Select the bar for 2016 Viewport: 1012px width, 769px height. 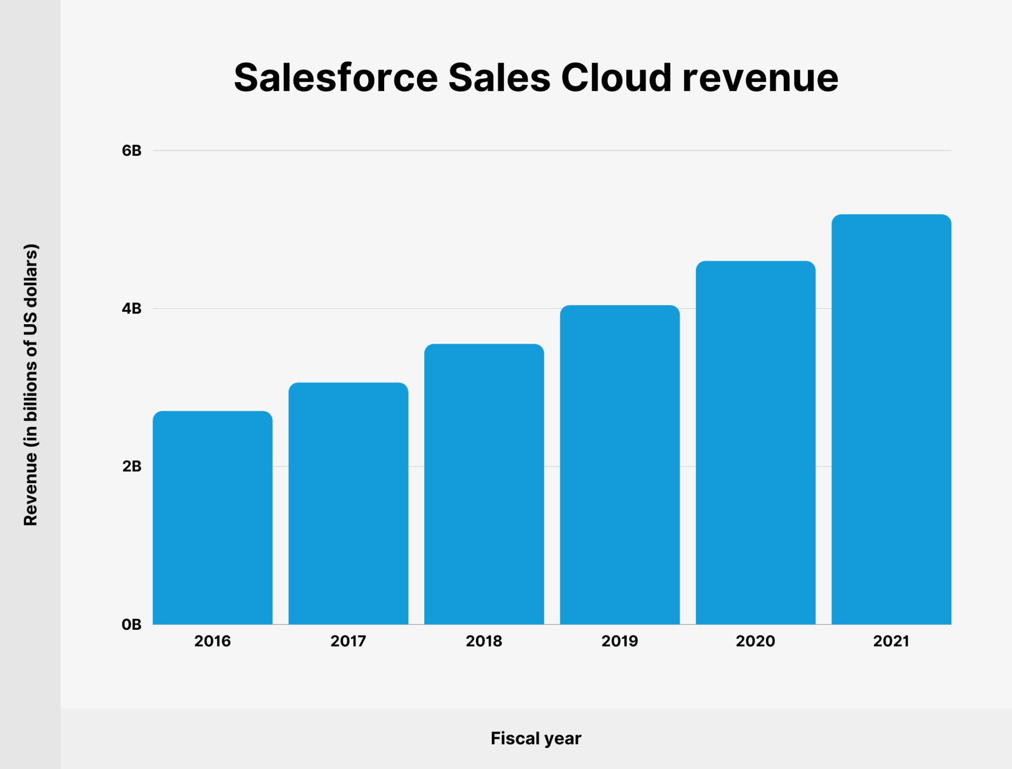click(x=212, y=518)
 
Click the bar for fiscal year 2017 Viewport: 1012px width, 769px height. click(x=348, y=503)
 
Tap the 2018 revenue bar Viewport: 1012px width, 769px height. click(x=484, y=484)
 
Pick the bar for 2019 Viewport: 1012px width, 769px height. click(x=620, y=465)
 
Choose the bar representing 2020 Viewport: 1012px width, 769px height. click(x=755, y=443)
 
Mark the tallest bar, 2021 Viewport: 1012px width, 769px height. click(x=891, y=420)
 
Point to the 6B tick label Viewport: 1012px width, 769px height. click(x=132, y=151)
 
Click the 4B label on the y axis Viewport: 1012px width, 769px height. click(x=132, y=308)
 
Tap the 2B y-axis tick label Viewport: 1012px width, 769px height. click(x=132, y=466)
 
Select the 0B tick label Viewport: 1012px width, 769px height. click(x=132, y=625)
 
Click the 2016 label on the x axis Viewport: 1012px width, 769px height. click(x=212, y=641)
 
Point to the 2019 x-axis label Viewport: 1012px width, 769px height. click(x=620, y=641)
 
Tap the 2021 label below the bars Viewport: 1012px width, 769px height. click(x=891, y=641)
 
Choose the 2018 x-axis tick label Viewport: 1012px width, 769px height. click(x=484, y=641)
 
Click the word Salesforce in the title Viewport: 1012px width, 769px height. click(x=336, y=77)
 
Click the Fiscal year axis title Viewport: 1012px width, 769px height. click(x=536, y=738)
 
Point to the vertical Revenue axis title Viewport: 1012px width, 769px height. click(x=31, y=385)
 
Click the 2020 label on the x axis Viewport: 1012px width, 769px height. click(x=755, y=641)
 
